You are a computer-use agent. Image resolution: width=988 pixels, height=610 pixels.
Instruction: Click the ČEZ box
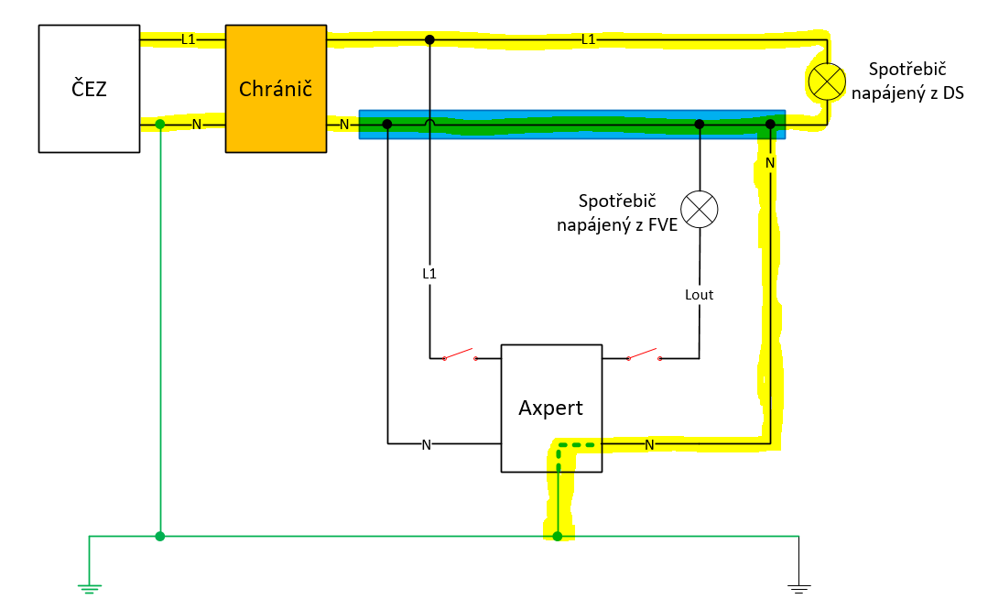click(x=89, y=89)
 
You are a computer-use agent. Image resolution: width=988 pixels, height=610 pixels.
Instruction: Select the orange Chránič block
click(x=276, y=89)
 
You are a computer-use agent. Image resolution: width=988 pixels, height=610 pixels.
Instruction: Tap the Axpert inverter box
click(x=551, y=408)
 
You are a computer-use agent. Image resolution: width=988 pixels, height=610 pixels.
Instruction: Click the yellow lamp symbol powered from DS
click(x=827, y=82)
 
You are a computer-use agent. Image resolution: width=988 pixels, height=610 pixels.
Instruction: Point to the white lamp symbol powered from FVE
click(x=700, y=209)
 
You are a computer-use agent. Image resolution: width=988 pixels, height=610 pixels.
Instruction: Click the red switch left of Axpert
click(x=460, y=354)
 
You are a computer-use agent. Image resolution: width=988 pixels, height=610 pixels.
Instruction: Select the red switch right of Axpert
click(x=644, y=354)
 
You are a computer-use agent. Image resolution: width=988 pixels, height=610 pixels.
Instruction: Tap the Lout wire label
click(x=699, y=295)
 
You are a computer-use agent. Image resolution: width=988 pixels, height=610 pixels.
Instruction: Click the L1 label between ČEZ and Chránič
click(x=189, y=39)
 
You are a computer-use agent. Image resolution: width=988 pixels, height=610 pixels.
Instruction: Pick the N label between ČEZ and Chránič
click(x=197, y=125)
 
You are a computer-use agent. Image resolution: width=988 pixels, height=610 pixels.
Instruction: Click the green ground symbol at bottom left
click(x=90, y=589)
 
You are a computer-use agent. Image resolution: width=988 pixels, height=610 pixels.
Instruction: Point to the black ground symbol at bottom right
click(x=799, y=589)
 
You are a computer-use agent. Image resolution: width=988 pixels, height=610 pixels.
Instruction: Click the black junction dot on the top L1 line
click(x=429, y=39)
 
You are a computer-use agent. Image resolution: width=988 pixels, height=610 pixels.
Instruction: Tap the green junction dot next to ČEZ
click(x=160, y=125)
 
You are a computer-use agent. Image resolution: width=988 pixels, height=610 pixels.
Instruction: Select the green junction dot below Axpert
click(x=557, y=537)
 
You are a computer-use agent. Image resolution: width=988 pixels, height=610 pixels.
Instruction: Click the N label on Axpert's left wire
click(x=427, y=445)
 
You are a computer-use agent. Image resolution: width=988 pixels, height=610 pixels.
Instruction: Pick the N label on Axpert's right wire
click(x=649, y=445)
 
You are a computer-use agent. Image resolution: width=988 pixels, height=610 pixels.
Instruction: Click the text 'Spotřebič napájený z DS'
click(x=907, y=82)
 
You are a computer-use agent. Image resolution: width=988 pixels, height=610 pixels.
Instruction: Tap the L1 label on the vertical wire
click(x=429, y=274)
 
